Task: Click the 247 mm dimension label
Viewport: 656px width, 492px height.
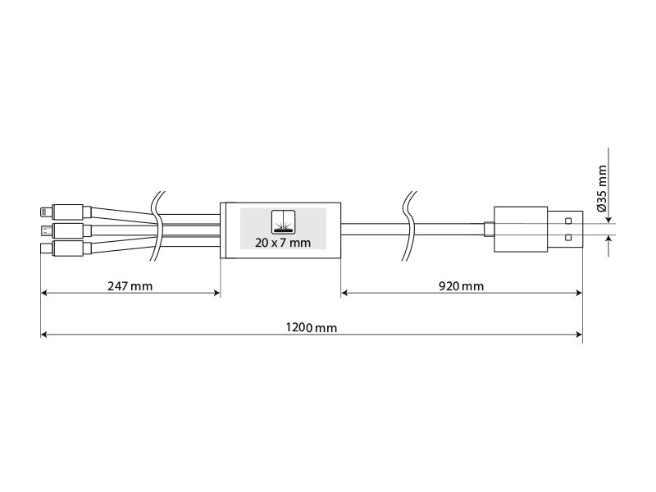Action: pos(130,286)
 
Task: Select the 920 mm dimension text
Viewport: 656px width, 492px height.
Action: pos(461,286)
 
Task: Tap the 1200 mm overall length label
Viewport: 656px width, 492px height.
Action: pos(312,327)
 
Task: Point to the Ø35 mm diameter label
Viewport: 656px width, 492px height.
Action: pos(602,189)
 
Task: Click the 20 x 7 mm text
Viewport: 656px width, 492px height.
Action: pos(283,243)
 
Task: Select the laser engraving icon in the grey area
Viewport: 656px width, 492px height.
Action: pos(283,221)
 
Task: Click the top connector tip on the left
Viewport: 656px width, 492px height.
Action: pos(45,212)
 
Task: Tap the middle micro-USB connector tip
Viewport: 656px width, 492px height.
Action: pos(45,230)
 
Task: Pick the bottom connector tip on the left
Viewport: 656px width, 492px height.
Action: pos(45,248)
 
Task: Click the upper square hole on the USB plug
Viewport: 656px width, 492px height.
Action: pos(568,221)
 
